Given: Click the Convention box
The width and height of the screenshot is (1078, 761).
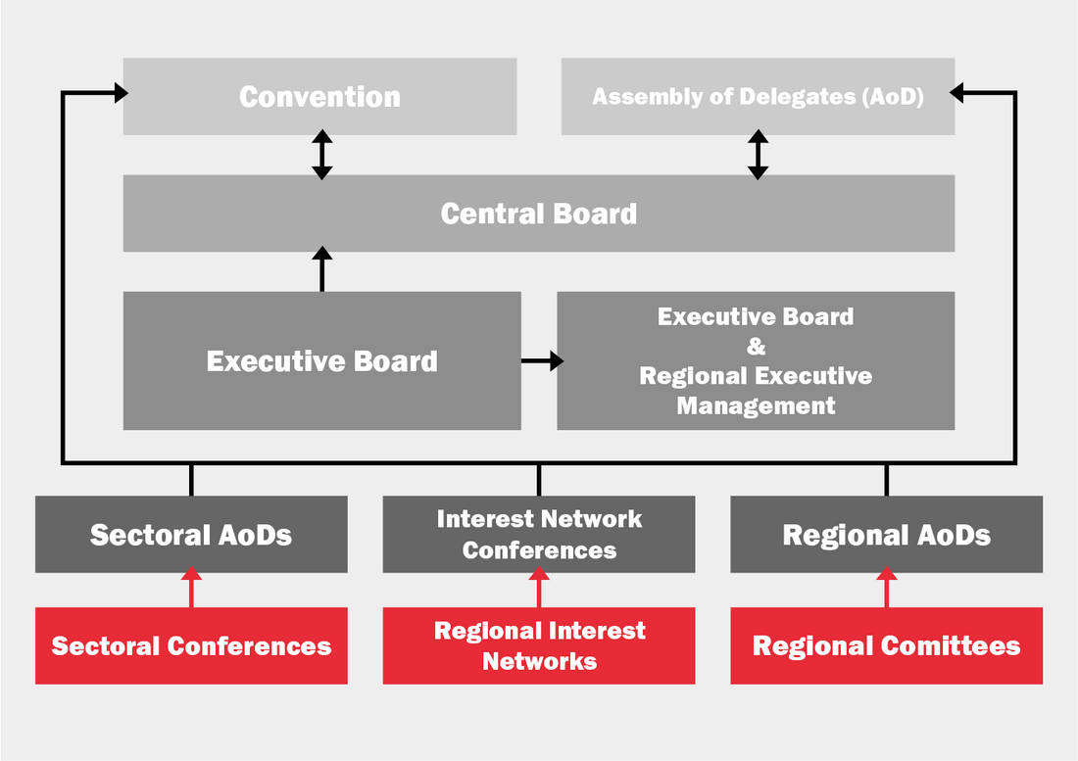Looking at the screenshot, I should pos(319,96).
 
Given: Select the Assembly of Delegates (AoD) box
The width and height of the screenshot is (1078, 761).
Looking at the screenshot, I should pos(758,96).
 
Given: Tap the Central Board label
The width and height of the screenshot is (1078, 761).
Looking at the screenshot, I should pos(538,214).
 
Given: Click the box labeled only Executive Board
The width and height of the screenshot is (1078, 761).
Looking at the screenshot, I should pos(321,360).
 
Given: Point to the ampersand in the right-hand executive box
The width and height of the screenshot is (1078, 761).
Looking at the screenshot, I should pos(756,347).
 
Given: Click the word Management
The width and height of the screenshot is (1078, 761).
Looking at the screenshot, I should pos(756,405).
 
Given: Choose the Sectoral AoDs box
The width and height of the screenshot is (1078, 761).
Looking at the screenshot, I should pos(191,535).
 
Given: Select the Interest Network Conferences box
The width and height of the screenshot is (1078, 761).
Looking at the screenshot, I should pos(539,535).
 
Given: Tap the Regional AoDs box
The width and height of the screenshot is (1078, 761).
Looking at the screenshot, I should pos(886,535).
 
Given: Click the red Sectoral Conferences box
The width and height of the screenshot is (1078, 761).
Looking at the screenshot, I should pos(191,645).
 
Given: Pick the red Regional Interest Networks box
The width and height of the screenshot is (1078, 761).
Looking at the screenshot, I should pos(539,645).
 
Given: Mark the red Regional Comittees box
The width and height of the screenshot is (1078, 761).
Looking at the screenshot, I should pos(886,645).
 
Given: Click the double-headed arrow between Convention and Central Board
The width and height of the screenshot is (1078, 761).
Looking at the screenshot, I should pos(321,155).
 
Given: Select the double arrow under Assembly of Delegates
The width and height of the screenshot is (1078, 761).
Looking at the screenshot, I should pos(758,155).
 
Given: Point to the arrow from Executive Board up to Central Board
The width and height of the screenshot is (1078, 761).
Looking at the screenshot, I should pos(321,268).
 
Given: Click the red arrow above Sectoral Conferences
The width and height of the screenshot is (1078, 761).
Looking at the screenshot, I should pos(191,589).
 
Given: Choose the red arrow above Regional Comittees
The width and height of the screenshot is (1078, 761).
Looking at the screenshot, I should pos(886,589).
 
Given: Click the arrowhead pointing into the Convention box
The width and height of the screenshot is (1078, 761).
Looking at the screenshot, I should pos(120,93).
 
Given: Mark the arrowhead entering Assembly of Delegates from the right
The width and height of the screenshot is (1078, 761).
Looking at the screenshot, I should pos(958,93).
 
